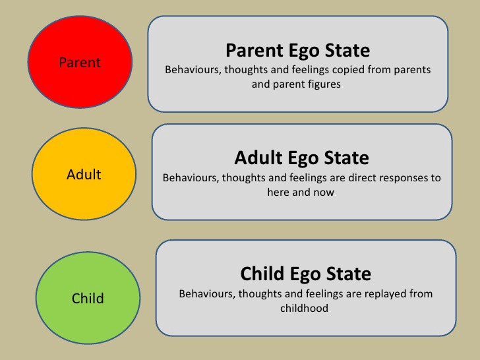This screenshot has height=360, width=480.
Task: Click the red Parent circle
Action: point(80,63)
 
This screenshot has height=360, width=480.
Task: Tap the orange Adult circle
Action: point(84,174)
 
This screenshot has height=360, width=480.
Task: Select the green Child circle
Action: point(87,297)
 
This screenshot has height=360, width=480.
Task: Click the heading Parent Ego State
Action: point(297,50)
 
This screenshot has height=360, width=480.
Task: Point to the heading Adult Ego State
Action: point(301,158)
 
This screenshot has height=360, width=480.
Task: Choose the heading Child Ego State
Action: point(305,273)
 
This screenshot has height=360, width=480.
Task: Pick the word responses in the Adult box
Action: point(400,178)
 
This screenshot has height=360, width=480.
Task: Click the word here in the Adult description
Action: point(279,193)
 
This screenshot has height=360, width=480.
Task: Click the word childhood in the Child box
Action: point(305,308)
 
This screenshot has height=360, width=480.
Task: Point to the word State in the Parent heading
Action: point(345,50)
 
